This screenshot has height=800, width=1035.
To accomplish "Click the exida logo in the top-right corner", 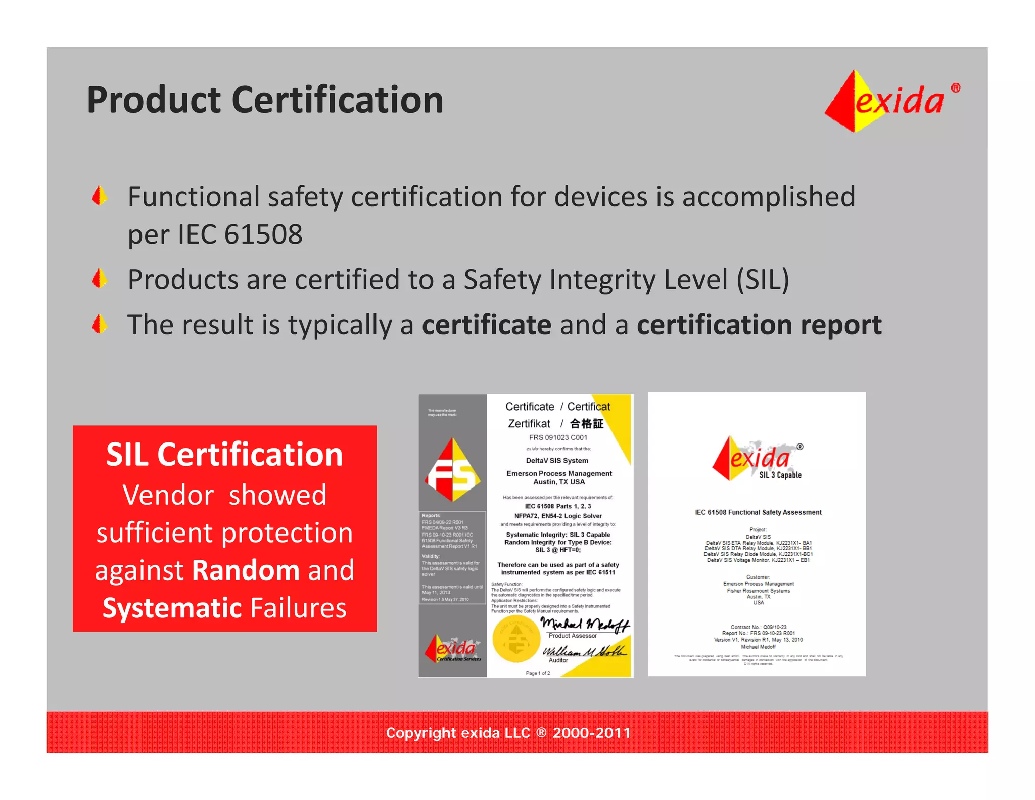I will (x=891, y=101).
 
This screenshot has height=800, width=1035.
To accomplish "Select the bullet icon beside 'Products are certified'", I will (x=100, y=279).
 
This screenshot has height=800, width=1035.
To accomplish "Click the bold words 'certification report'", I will (x=759, y=325).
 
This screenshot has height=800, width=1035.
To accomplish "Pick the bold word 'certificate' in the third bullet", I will (x=486, y=325).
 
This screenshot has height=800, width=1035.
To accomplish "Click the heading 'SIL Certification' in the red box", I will (x=224, y=454).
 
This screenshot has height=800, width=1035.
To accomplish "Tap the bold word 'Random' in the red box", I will (x=246, y=570).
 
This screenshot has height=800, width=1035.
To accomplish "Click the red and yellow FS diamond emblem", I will (x=452, y=470).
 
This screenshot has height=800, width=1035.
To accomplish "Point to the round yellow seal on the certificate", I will (x=516, y=639).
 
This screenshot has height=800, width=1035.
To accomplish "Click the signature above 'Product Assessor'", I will (x=584, y=625).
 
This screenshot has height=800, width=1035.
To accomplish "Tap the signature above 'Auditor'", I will (x=583, y=651).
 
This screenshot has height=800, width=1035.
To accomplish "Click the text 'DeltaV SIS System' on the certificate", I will (x=557, y=461).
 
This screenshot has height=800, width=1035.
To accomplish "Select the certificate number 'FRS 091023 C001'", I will (x=558, y=437).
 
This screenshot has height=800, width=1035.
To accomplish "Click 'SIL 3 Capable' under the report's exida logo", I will (x=780, y=475).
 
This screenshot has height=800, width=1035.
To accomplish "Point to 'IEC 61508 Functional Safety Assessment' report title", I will (x=758, y=512).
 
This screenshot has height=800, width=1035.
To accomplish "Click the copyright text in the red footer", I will (x=508, y=733).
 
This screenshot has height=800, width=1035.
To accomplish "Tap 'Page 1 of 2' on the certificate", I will (x=537, y=673).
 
